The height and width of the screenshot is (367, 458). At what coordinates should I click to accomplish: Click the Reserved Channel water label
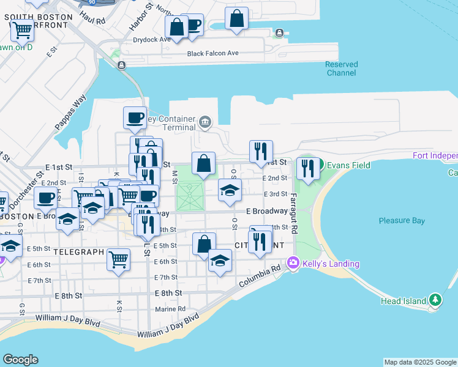coord(341,69)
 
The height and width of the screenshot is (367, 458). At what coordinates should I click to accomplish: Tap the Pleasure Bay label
coord(402,220)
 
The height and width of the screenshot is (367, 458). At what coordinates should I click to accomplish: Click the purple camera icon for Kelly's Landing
coord(293,263)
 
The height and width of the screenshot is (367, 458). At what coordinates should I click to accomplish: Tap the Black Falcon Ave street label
coord(213,53)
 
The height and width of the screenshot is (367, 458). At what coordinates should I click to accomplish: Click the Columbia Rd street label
coord(259,276)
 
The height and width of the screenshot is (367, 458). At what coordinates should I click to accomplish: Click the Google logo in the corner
coord(20,360)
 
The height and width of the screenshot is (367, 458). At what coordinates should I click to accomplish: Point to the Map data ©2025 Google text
coord(419,362)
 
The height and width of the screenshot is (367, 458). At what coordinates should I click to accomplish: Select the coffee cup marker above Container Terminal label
coord(135,117)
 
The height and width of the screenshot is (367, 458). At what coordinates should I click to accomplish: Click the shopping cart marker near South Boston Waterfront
coord(23,29)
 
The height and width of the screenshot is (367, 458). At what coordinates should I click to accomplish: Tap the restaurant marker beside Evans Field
coord(308,168)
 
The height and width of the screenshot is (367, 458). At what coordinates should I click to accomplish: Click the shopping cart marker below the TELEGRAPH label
coord(119,258)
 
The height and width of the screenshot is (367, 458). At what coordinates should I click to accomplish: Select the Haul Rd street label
coord(92,20)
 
